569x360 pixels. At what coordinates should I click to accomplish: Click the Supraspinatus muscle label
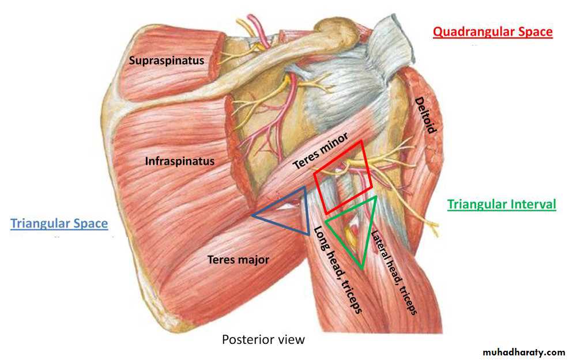[167, 60]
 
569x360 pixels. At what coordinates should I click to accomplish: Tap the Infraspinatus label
[180, 161]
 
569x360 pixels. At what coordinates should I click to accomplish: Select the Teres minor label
[320, 151]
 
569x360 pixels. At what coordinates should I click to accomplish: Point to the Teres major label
[239, 260]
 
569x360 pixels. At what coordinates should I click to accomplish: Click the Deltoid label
[425, 115]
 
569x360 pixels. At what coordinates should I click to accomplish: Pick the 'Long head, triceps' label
[337, 270]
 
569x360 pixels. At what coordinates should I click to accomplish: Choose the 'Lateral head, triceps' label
[393, 272]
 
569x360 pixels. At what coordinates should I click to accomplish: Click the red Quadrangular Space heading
[493, 32]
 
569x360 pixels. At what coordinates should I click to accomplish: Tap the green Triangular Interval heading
[502, 204]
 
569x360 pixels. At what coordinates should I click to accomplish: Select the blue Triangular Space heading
[59, 223]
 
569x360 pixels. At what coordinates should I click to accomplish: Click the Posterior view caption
[263, 340]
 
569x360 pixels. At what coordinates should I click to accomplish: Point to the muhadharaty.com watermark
[523, 352]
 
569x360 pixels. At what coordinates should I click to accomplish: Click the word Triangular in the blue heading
[40, 223]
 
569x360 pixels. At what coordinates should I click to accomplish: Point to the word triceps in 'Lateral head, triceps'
[408, 300]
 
